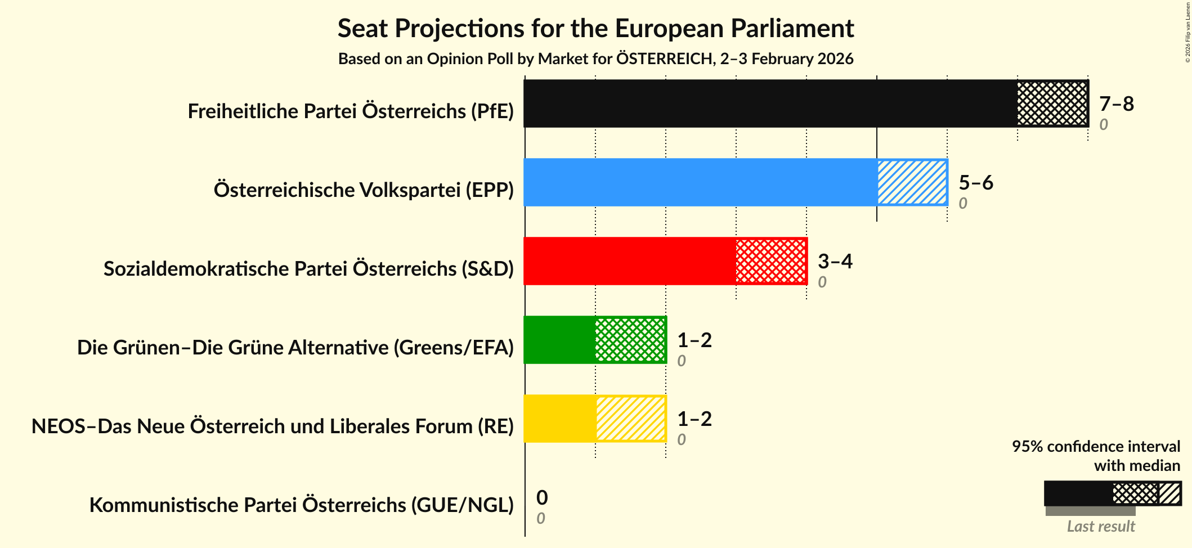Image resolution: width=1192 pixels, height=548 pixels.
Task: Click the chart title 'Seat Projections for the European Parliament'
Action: pos(595,28)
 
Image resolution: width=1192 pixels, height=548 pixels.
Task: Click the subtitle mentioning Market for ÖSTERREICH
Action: pos(595,59)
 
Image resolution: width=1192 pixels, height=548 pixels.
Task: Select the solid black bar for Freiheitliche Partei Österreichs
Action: pos(770,104)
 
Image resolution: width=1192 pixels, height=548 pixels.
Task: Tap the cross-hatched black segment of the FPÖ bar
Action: pos(1052,104)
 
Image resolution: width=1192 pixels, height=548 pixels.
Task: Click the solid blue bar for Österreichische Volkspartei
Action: pos(700,182)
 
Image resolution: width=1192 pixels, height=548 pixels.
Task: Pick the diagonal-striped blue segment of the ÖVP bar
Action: pos(912,182)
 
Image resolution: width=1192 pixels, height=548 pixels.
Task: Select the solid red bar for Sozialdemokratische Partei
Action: pos(629,261)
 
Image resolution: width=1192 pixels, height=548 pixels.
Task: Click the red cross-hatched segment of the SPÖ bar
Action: pos(771,261)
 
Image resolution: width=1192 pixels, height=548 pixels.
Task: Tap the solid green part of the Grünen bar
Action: pos(559,340)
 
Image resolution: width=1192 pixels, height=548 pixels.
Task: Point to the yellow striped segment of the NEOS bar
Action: pos(630,419)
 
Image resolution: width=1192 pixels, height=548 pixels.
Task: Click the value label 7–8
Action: pos(1116,104)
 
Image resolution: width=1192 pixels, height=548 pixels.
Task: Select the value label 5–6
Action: pos(975,182)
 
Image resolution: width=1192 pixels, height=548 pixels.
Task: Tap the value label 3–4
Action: pos(835,261)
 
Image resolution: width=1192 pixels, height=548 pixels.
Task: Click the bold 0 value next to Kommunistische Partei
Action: pos(541,497)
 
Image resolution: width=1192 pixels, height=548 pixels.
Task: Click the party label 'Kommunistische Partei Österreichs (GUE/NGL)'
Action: pos(301,505)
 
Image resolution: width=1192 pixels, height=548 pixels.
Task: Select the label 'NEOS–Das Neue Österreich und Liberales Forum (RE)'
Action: pos(272,426)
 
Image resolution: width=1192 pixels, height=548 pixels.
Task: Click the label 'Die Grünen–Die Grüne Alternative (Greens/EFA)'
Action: pos(295,348)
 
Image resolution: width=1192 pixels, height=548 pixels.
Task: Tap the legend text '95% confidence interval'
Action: pos(1095,446)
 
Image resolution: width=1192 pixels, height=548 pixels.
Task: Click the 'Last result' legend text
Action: pos(1100,527)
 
